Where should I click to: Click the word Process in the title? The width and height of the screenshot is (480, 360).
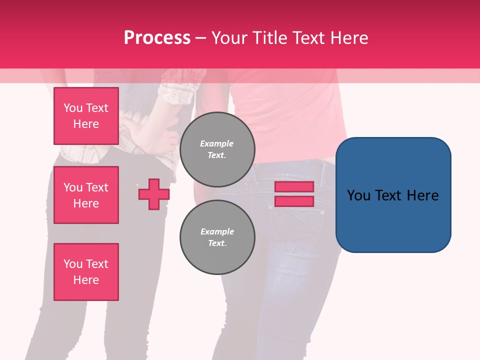(x=157, y=37)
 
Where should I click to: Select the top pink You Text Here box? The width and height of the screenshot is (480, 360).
(x=86, y=116)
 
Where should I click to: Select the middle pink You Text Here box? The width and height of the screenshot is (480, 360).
(x=86, y=195)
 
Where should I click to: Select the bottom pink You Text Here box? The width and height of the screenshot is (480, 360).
(x=86, y=272)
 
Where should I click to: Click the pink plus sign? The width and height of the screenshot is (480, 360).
(x=153, y=194)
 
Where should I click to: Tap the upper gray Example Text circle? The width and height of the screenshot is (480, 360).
(x=217, y=149)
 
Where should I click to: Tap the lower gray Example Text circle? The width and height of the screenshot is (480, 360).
(x=217, y=237)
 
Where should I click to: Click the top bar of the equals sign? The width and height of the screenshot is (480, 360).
(x=294, y=187)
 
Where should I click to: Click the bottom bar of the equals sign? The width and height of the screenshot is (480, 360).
(x=294, y=201)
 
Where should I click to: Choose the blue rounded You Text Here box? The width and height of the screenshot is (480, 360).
(x=393, y=195)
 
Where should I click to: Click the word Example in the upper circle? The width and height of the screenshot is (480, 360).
(x=217, y=144)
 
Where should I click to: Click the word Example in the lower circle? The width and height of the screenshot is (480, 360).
(x=217, y=232)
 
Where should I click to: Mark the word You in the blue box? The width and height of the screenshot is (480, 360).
(x=359, y=195)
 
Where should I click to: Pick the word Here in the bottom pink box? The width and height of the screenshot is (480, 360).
(x=86, y=280)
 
